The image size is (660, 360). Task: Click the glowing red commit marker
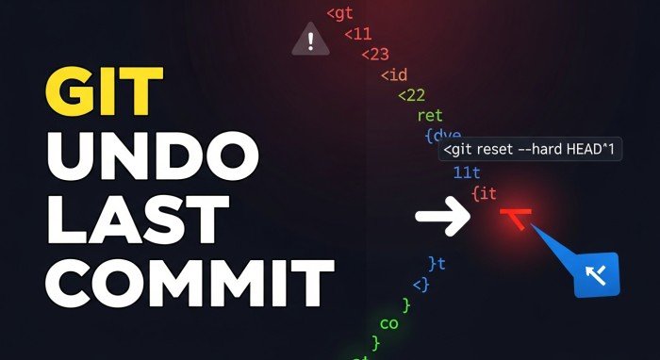515,218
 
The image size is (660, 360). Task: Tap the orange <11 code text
357,34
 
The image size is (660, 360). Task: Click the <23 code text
375,54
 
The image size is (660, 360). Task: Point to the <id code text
393,74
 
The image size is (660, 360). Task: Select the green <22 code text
411,94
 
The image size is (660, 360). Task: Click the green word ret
429,116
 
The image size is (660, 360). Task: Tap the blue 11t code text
467,172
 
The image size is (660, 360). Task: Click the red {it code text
483,193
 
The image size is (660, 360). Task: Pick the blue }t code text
437,263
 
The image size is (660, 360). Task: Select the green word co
388,323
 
